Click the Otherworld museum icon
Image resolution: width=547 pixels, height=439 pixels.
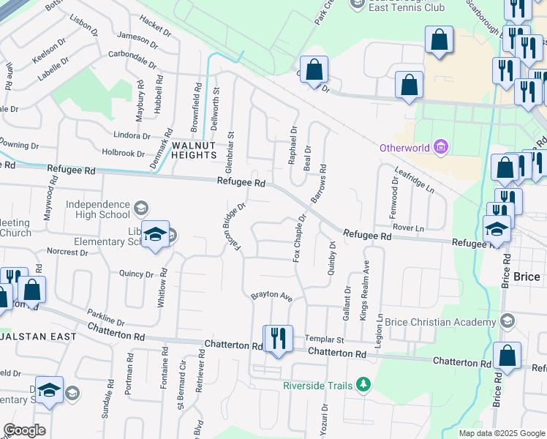[x=440, y=148]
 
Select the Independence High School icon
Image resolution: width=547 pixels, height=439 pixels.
[x=140, y=210]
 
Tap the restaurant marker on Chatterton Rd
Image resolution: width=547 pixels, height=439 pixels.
[x=278, y=338]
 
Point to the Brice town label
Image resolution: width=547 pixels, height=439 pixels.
[x=527, y=277]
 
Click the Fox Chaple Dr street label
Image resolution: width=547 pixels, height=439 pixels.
[x=298, y=238]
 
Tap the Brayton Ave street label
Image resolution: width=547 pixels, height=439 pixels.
[x=271, y=296]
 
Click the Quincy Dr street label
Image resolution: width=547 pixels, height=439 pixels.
[x=136, y=274]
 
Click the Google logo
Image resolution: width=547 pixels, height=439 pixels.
[x=24, y=430]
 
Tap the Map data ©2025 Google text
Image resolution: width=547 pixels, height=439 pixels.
[x=501, y=433]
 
